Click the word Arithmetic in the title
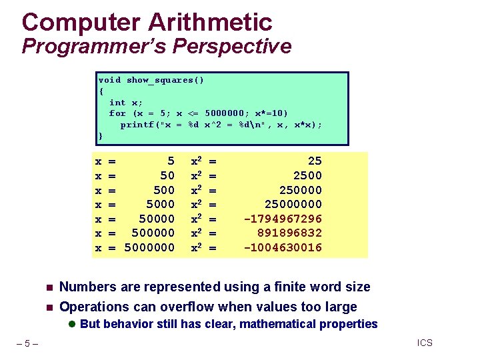(210, 22)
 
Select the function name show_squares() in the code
(165, 80)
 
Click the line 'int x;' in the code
(126, 103)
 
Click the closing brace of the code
(101, 136)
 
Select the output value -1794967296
(283, 219)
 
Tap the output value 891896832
(289, 233)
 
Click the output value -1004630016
(283, 248)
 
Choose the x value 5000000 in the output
(150, 248)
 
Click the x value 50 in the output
(167, 175)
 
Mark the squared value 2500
(307, 175)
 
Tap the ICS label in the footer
(425, 343)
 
